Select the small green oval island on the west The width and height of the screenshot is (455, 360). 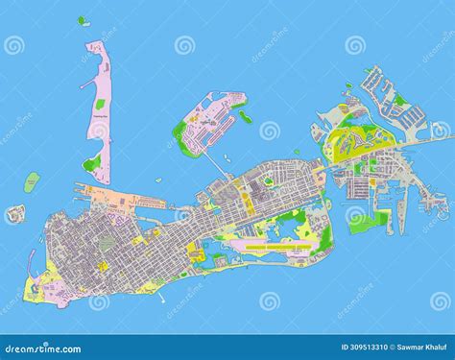(x=33, y=180)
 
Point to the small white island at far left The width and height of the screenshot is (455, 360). (x=14, y=214)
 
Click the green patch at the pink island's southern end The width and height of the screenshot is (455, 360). (x=92, y=163)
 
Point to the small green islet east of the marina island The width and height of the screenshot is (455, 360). (x=246, y=117)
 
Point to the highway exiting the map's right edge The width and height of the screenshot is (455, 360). (x=446, y=138)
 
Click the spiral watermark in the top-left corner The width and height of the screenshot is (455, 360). (x=14, y=45)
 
